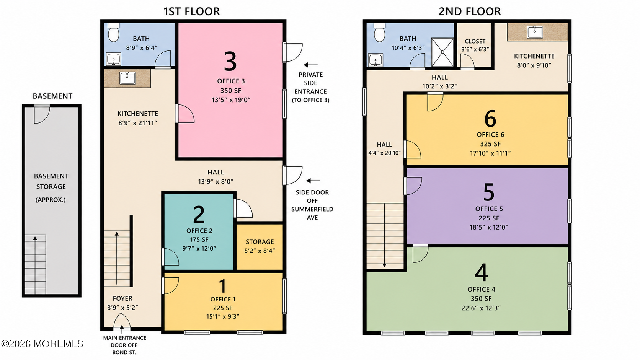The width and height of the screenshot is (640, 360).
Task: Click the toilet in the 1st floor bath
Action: coord(114,33)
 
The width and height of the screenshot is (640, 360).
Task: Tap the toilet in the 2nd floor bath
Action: coord(379,33)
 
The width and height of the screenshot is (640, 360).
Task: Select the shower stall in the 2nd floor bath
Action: coord(442,52)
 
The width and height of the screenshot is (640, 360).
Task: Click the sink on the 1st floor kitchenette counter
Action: coord(127,78)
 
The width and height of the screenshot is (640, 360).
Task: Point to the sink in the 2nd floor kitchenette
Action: coord(535,32)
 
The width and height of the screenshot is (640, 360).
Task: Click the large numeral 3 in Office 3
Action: coord(230,61)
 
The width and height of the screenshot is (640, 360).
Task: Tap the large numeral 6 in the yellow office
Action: coord(490,119)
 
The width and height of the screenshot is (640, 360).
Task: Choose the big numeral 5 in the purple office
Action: coord(489,192)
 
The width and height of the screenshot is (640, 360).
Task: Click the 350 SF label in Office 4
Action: coord(481,299)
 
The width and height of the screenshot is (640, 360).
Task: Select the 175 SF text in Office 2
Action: coord(199,239)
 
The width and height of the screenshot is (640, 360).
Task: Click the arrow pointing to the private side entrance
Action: coord(310,65)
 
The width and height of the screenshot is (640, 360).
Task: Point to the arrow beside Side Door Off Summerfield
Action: coord(313,181)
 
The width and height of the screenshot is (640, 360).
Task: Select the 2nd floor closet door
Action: coord(467,61)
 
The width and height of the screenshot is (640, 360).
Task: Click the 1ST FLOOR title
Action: coord(192,11)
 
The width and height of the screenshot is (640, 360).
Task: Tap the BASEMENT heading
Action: coord(52,96)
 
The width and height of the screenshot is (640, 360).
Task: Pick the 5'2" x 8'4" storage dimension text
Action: coord(260,251)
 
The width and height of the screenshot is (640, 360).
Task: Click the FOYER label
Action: coord(122,299)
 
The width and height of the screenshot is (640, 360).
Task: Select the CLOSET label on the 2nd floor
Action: coord(475,41)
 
